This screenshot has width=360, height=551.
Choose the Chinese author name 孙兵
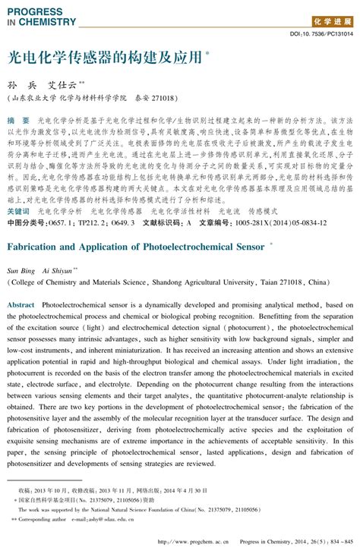(x=23, y=85)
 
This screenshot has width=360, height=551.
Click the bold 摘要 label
(x=18, y=121)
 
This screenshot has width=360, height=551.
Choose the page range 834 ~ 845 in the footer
(x=338, y=541)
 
